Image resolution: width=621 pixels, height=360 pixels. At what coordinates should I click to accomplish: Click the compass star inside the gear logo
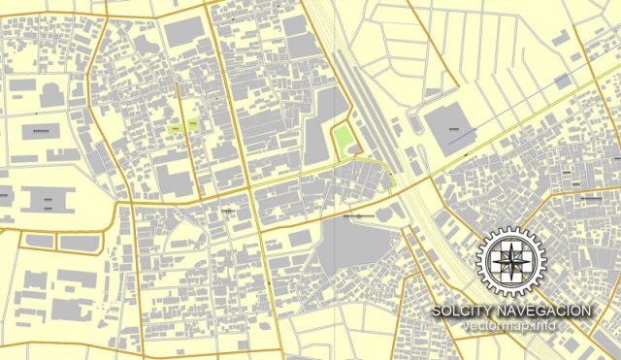[509, 260]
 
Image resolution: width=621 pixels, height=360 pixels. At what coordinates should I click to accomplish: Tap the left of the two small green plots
[175, 126]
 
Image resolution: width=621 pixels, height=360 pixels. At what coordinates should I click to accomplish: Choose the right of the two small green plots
[192, 125]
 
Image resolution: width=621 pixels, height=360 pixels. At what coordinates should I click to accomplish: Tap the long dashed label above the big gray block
[344, 214]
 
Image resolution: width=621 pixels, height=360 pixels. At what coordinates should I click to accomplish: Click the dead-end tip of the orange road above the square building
[455, 87]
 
